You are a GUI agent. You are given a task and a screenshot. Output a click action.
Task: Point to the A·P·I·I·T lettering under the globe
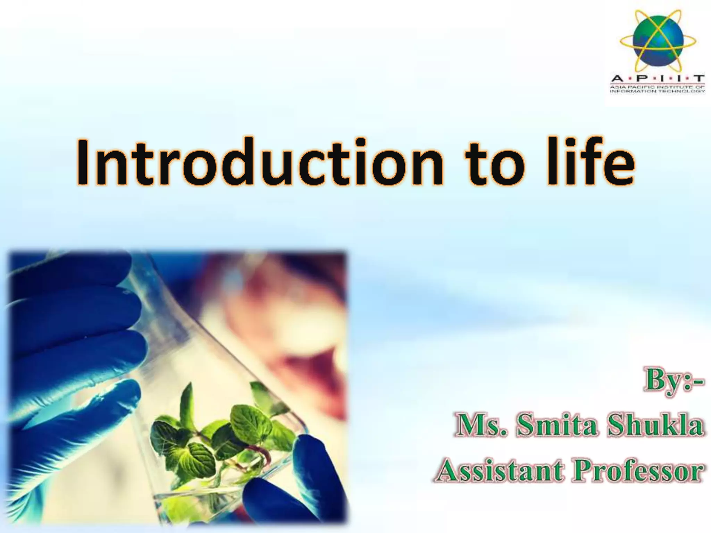click(x=658, y=78)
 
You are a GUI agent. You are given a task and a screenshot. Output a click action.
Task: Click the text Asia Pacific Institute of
click(x=658, y=87)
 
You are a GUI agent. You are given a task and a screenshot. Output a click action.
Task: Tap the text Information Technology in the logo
click(x=658, y=91)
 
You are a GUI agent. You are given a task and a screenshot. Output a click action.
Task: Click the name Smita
click(x=557, y=426)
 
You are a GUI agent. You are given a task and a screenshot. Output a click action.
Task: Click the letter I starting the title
click(x=82, y=162)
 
